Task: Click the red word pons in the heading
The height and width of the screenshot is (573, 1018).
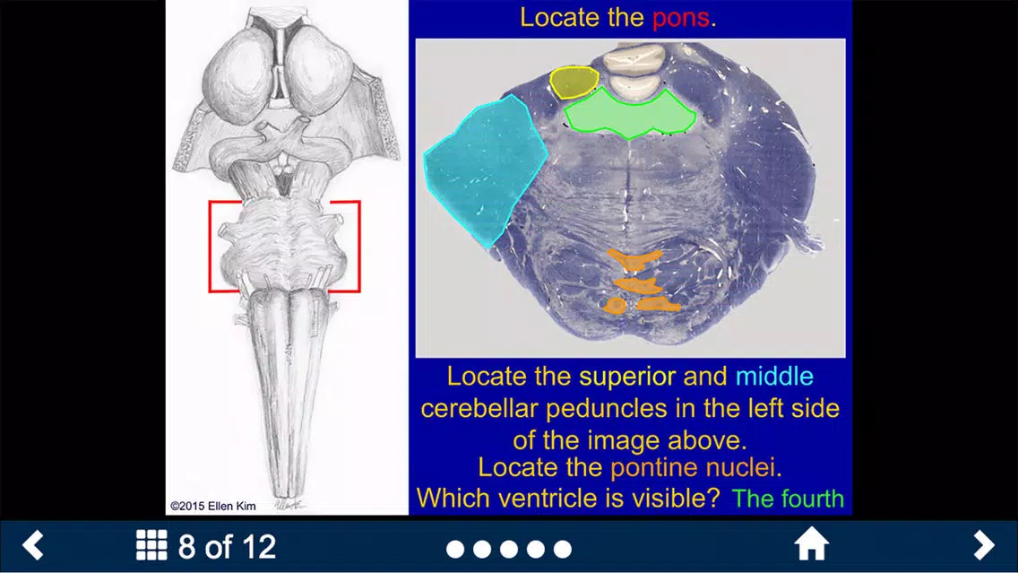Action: [x=680, y=18]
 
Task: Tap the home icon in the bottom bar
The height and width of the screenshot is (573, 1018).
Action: [x=812, y=543]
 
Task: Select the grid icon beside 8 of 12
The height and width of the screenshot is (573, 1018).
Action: [x=151, y=544]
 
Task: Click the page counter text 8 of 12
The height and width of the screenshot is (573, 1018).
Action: [x=228, y=546]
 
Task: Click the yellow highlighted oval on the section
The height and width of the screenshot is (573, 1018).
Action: [x=574, y=82]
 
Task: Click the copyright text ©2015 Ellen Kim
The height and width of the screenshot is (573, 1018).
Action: [x=213, y=506]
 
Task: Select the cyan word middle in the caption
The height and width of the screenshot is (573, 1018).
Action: [x=774, y=376]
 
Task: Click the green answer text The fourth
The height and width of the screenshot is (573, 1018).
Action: [x=788, y=499]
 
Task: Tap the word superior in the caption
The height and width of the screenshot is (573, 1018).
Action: [x=627, y=377]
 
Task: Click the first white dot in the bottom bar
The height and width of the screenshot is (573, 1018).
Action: [x=455, y=549]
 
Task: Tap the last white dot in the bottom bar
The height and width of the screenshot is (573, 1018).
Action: [x=562, y=549]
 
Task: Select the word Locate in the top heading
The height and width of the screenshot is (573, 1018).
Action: [x=560, y=18]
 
